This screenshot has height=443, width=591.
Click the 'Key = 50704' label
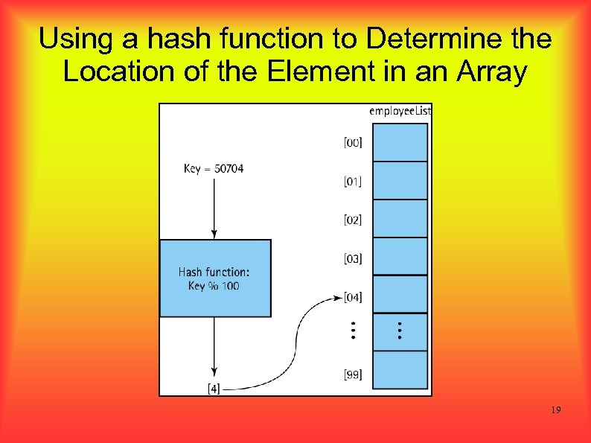pyautogui.click(x=214, y=169)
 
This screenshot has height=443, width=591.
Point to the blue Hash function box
pyautogui.click(x=215, y=278)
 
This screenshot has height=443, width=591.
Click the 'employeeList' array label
pyautogui.click(x=400, y=111)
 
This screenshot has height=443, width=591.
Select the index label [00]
pyautogui.click(x=353, y=142)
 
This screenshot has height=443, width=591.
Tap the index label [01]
pyautogui.click(x=353, y=181)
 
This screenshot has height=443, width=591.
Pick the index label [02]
pyautogui.click(x=353, y=220)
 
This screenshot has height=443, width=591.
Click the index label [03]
pyautogui.click(x=353, y=258)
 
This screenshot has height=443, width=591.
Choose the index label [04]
pyautogui.click(x=353, y=297)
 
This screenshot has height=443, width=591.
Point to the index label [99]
pyautogui.click(x=353, y=375)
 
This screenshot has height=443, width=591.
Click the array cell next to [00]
pyautogui.click(x=400, y=142)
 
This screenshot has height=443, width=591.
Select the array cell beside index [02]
pyautogui.click(x=400, y=219)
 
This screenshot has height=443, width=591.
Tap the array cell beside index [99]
pyautogui.click(x=400, y=370)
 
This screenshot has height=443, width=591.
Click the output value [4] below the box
pyautogui.click(x=214, y=387)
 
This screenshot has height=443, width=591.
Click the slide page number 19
pyautogui.click(x=556, y=411)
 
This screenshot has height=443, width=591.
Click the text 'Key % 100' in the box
pyautogui.click(x=214, y=286)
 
